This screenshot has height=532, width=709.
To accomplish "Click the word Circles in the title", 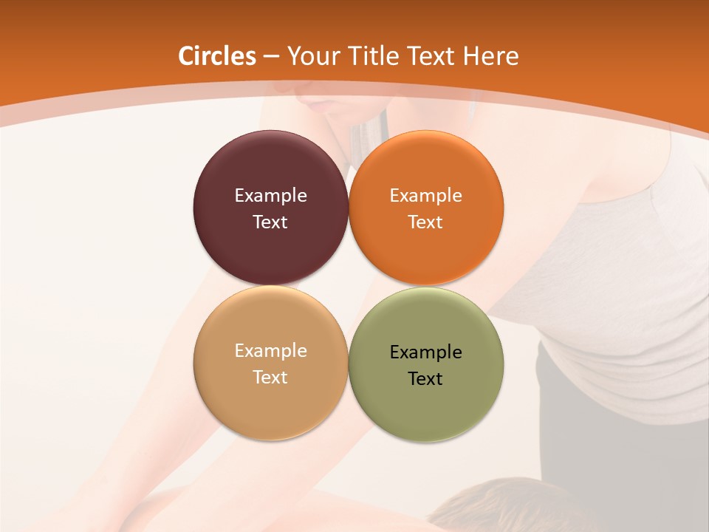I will pos(217,56).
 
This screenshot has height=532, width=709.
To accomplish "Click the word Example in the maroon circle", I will pos(270,196).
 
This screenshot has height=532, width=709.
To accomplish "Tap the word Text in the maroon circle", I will pos(270,222).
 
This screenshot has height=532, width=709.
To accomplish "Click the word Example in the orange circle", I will pos(426,196).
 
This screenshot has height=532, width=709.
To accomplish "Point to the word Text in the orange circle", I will pos(426,222).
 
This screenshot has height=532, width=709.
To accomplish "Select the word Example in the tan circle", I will pos(270,351).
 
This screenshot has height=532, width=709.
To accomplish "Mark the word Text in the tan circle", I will pos(270,378).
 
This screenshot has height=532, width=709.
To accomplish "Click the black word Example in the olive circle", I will pos(426,352).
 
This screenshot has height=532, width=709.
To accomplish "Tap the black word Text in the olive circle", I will pos(426,379).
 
